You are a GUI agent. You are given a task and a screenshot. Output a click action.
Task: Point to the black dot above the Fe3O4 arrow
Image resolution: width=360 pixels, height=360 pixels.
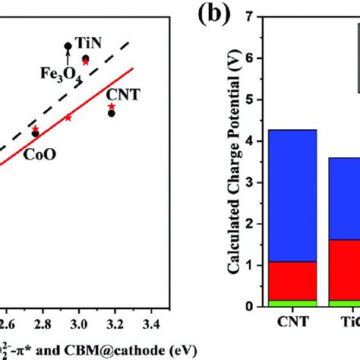[x=68, y=46]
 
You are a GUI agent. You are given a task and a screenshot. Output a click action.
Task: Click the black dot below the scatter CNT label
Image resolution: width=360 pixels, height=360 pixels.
[x=112, y=113]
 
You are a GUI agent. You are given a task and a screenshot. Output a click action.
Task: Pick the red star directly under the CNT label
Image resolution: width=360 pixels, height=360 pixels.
[x=112, y=106]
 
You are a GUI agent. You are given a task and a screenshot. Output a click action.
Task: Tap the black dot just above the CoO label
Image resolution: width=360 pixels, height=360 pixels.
[x=35, y=133]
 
